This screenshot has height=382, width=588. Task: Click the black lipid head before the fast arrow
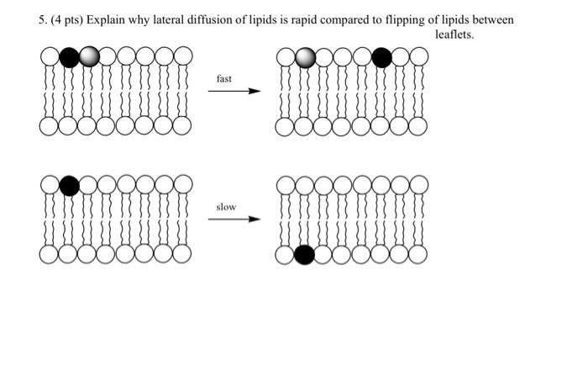click(x=70, y=57)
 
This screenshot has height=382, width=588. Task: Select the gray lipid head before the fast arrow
click(x=89, y=57)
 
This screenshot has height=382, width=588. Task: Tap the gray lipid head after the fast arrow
click(x=306, y=57)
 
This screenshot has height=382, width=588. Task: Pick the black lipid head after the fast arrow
click(x=381, y=57)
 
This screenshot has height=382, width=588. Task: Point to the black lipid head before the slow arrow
click(x=70, y=185)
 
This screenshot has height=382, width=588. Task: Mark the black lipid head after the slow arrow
click(x=305, y=254)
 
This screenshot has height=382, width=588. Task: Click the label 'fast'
click(x=224, y=78)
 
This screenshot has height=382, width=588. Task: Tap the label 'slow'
click(x=226, y=206)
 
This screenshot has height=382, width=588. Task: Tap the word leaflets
click(x=454, y=34)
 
